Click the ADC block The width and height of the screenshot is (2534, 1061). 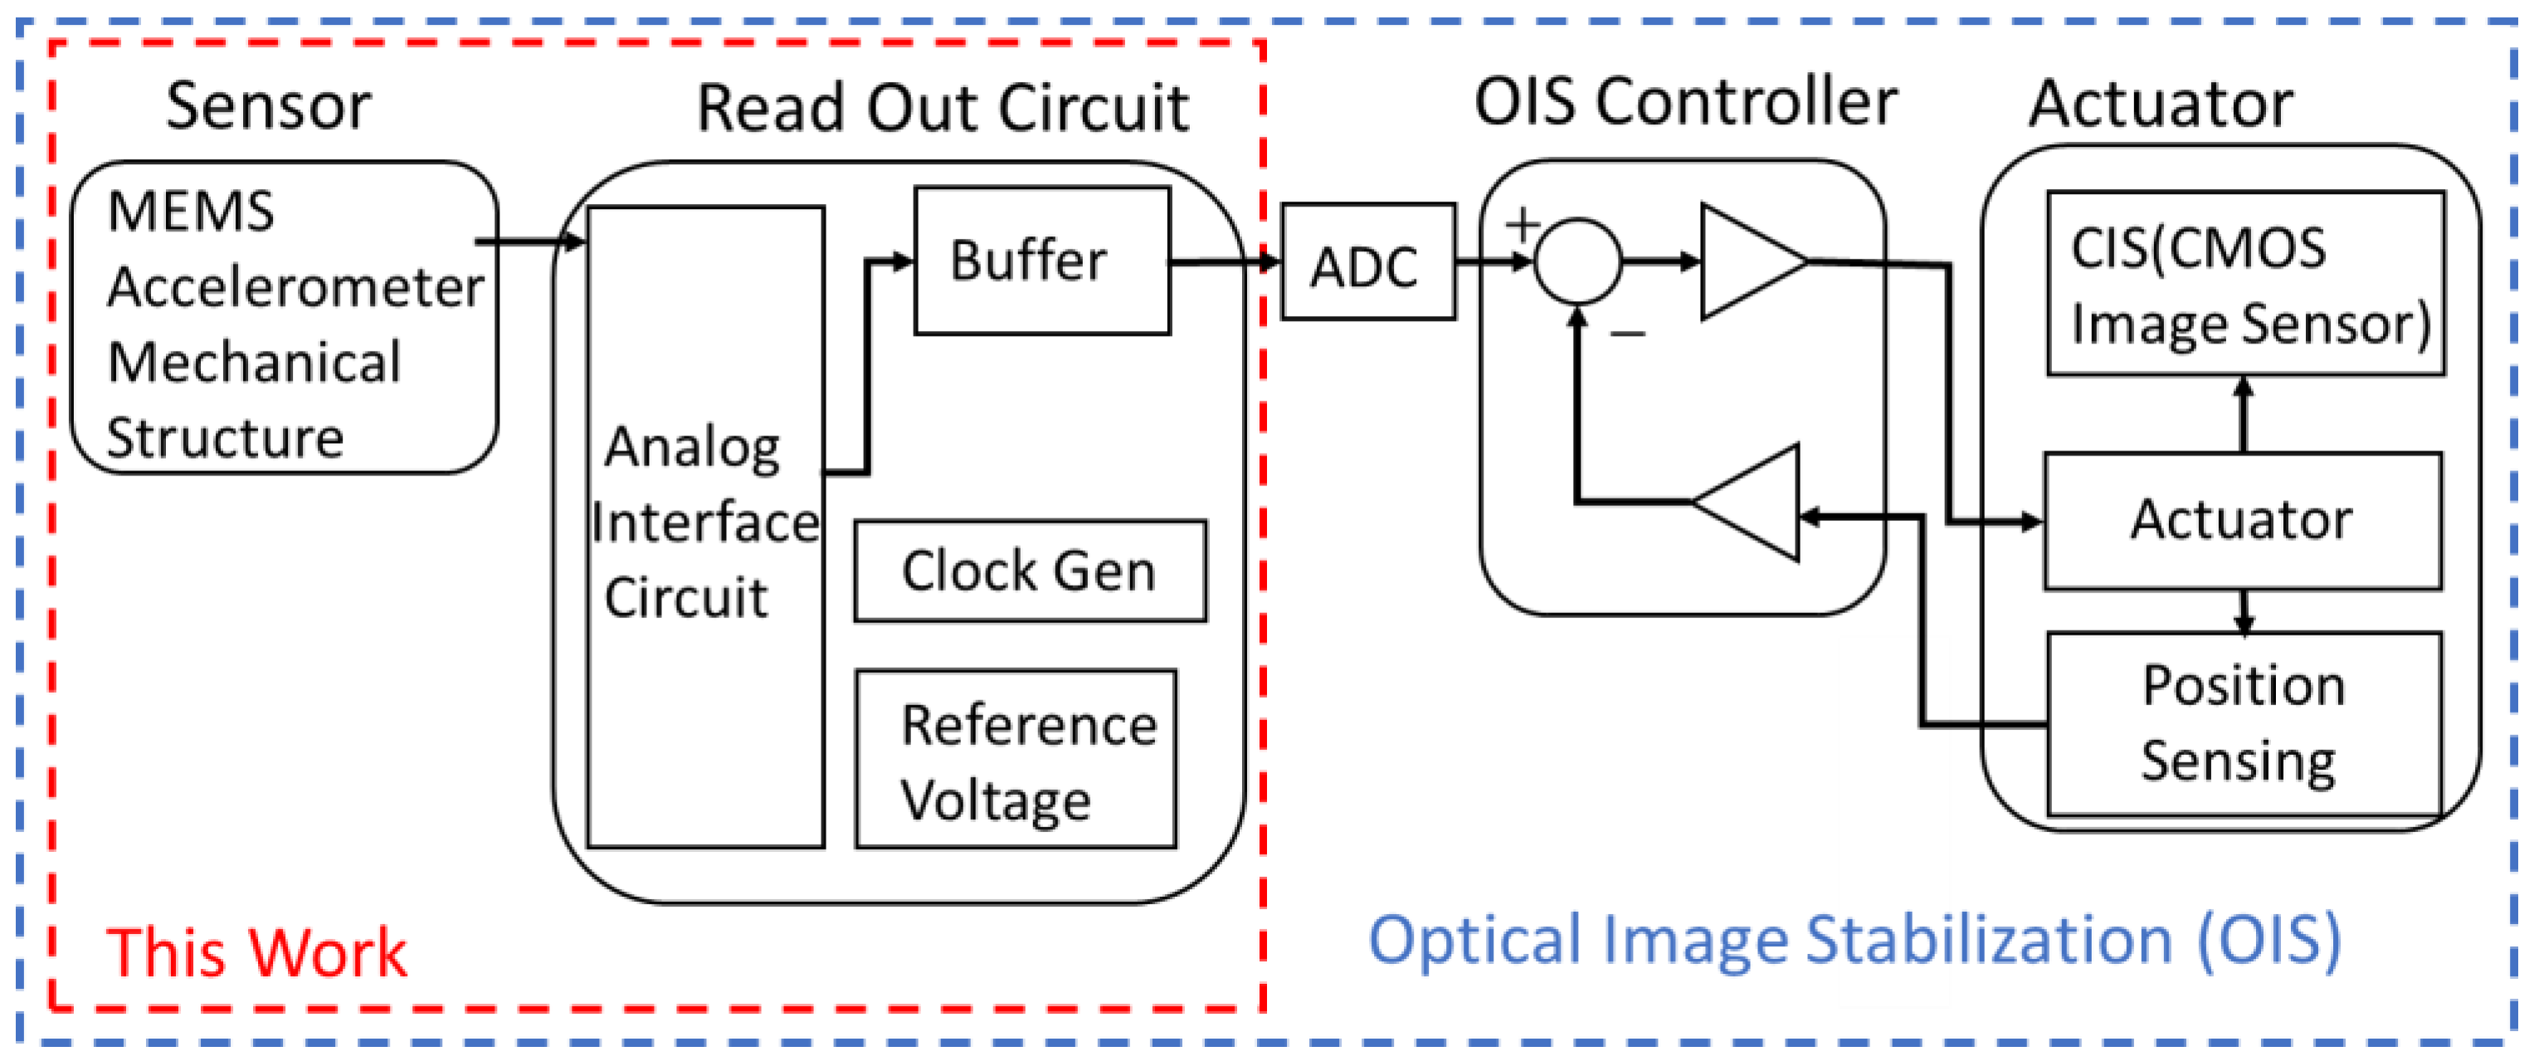pyautogui.click(x=1367, y=261)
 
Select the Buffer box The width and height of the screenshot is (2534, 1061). pyautogui.click(x=1043, y=261)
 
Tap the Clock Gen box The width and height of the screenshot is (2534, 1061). pyautogui.click(x=1030, y=572)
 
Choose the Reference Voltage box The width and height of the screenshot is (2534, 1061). pyautogui.click(x=1016, y=759)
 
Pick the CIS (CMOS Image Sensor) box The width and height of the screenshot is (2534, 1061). pyautogui.click(x=2246, y=283)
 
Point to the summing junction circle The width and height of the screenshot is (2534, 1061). pyautogui.click(x=1578, y=260)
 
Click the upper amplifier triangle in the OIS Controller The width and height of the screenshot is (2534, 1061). pyautogui.click(x=1754, y=261)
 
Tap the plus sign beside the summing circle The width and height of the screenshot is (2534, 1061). pyautogui.click(x=1523, y=225)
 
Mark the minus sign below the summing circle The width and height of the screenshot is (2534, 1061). pyautogui.click(x=1628, y=334)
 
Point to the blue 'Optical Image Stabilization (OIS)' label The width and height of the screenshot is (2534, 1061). pyautogui.click(x=1855, y=941)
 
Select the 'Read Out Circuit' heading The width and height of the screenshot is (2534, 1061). pyautogui.click(x=943, y=107)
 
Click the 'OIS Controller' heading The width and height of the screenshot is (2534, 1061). pyautogui.click(x=1686, y=101)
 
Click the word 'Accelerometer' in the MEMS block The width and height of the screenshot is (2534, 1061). pyautogui.click(x=295, y=287)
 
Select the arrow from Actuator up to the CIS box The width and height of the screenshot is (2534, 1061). pyautogui.click(x=2244, y=414)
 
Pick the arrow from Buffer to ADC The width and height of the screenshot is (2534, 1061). pyautogui.click(x=1224, y=262)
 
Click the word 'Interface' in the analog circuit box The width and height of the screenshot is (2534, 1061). pyautogui.click(x=705, y=522)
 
